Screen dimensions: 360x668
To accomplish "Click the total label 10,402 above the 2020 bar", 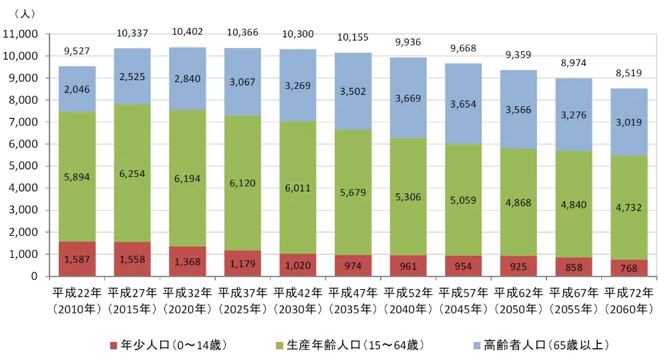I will click(x=187, y=32).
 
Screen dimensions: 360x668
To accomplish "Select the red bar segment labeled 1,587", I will click(x=76, y=259).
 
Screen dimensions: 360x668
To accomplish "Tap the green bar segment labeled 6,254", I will click(x=132, y=174).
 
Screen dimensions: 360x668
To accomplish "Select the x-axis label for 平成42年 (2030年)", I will click(x=297, y=299).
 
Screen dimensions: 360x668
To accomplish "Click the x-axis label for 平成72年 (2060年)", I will click(x=629, y=299).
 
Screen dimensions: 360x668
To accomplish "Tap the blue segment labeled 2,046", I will click(x=76, y=89).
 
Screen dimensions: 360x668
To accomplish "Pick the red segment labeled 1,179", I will click(x=242, y=263).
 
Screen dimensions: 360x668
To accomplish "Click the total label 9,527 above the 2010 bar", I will click(x=76, y=51).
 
